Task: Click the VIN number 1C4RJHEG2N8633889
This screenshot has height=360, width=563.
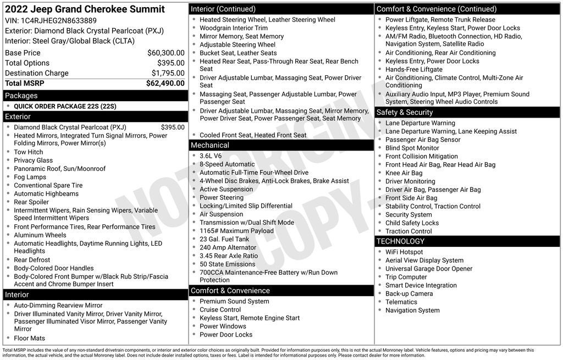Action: (x=58, y=21)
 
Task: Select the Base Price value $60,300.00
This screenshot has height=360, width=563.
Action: (x=165, y=53)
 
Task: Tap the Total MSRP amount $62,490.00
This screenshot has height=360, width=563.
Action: (x=165, y=84)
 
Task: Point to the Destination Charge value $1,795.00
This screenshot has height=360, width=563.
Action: (x=168, y=73)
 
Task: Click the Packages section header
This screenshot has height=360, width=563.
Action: (x=21, y=96)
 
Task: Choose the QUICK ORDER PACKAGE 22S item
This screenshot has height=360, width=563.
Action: (x=65, y=106)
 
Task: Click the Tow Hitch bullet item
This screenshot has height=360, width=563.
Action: (x=29, y=152)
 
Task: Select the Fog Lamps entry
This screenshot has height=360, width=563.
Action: (x=30, y=177)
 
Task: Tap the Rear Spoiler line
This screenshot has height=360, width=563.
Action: (x=32, y=202)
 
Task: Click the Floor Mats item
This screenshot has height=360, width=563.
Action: (x=30, y=338)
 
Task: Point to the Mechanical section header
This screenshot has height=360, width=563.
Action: (x=210, y=145)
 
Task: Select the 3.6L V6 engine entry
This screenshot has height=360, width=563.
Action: (x=211, y=156)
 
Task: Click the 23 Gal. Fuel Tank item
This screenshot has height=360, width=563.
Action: (x=224, y=239)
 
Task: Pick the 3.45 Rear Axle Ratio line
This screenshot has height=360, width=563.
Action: (x=229, y=256)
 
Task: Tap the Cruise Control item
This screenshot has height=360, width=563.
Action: (x=220, y=309)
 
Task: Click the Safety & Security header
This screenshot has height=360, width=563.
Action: (x=405, y=112)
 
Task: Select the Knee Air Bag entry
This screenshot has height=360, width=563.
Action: (x=404, y=173)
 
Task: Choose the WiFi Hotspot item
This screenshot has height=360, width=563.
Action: (x=404, y=252)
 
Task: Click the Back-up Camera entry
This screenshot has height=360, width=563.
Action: (x=409, y=293)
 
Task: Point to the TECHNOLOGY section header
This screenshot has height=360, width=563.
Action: (x=400, y=241)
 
